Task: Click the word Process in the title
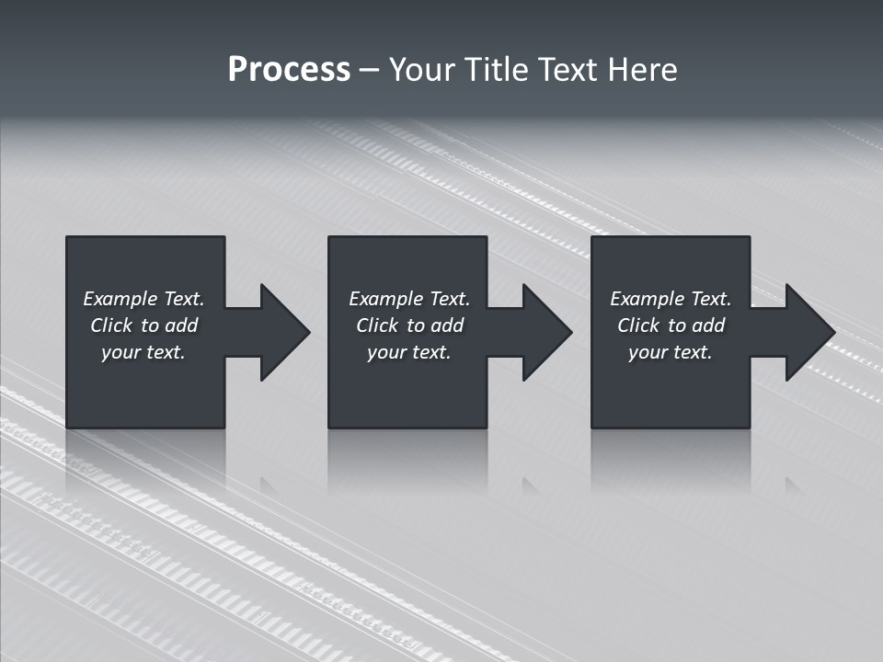(x=289, y=70)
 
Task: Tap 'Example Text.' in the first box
(x=143, y=299)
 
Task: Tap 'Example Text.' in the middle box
(x=409, y=299)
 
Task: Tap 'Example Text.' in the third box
(x=671, y=299)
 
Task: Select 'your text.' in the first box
(x=143, y=352)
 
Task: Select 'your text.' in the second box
(x=409, y=352)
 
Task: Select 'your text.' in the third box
(x=671, y=352)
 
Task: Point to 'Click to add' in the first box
(x=143, y=325)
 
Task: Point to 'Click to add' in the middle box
(x=409, y=325)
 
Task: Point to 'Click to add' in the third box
(x=671, y=325)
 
